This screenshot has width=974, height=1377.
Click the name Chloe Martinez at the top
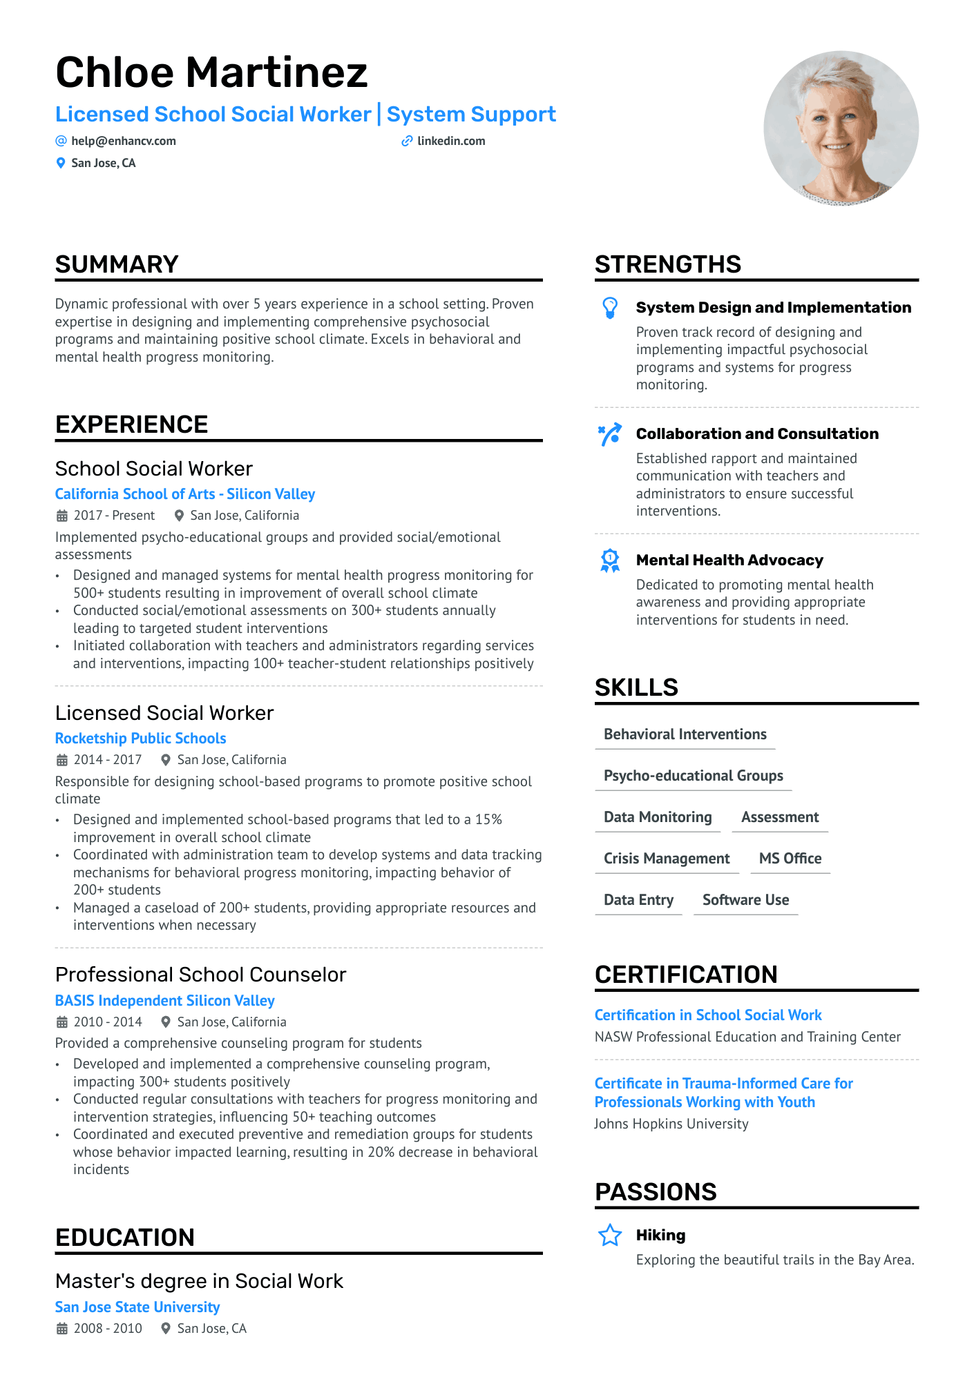point(211,72)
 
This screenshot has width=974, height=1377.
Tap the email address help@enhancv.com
point(123,141)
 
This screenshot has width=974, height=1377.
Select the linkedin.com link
point(451,141)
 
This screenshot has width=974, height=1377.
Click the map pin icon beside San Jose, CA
point(61,163)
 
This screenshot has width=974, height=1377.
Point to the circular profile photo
point(841,128)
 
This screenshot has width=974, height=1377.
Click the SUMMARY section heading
point(117,264)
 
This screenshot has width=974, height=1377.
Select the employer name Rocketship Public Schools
point(140,739)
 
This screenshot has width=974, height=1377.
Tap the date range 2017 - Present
point(114,516)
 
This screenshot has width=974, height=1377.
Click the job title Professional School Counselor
point(200,975)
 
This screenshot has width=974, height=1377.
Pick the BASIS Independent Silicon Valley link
point(164,1001)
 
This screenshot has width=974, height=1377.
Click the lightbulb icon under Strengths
point(610,308)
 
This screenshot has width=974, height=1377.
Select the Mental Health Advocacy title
point(729,560)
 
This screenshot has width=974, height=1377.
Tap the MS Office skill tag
point(790,859)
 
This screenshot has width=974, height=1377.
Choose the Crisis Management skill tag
point(667,859)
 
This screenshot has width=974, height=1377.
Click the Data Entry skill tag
point(638,900)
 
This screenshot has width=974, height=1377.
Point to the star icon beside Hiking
point(610,1236)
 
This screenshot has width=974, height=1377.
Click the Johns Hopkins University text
point(671,1124)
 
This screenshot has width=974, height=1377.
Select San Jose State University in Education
point(137,1307)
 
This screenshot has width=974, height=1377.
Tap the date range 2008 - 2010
point(108,1329)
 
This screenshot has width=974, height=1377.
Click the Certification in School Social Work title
point(708,1015)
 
